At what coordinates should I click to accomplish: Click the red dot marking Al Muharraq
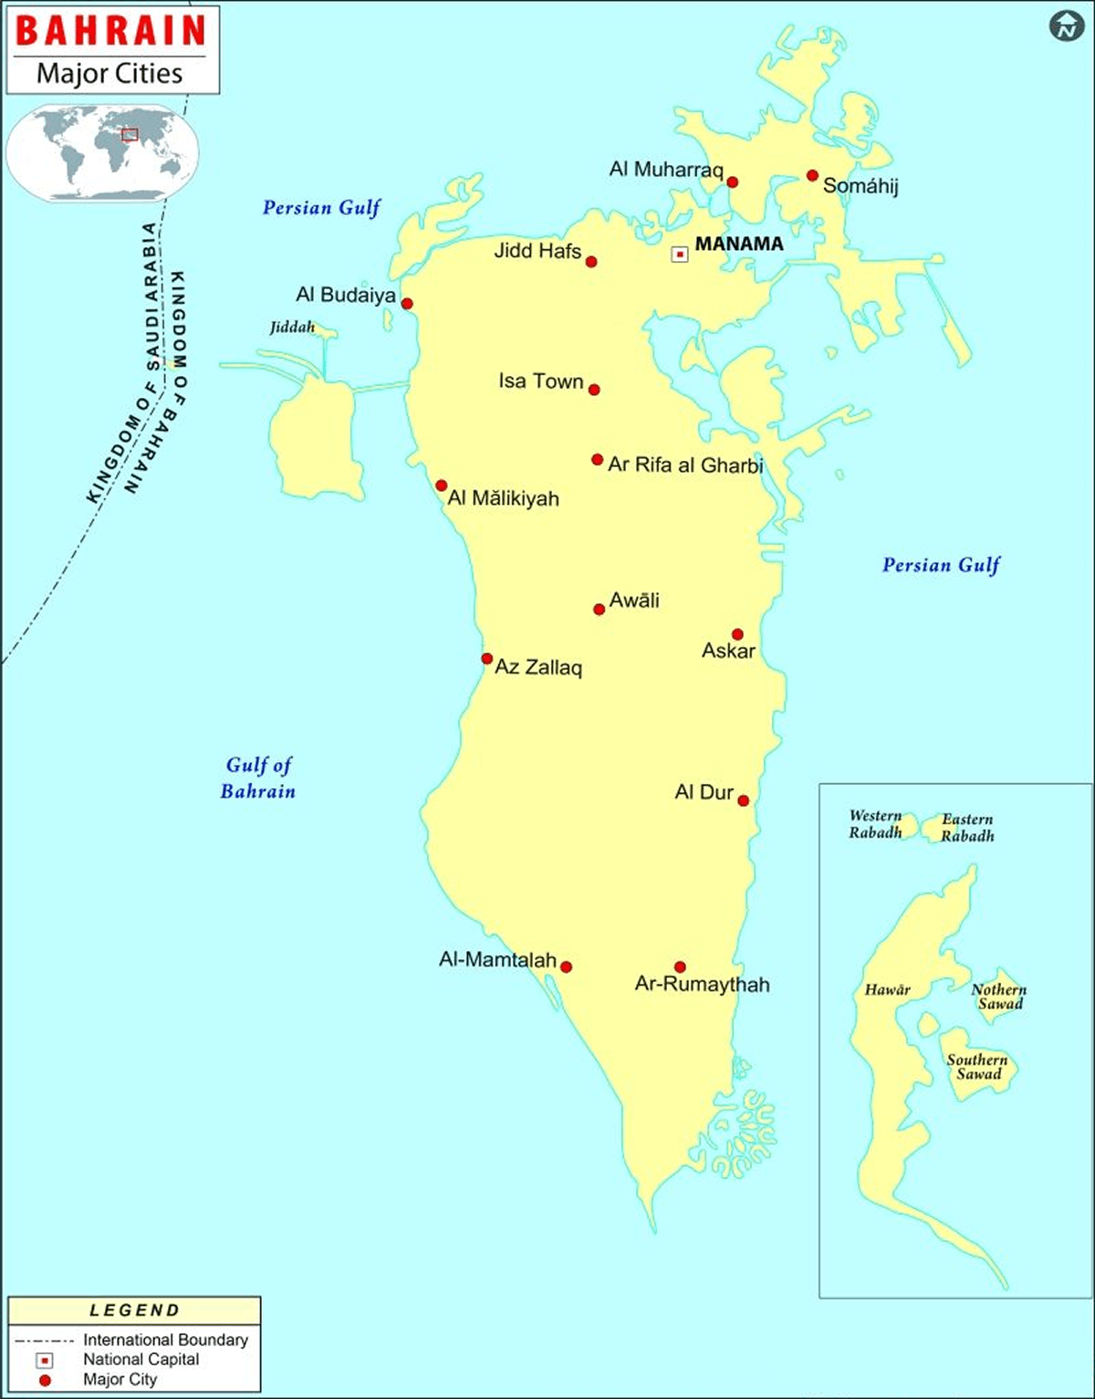732,182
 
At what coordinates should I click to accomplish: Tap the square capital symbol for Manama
680,254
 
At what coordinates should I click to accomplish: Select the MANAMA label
739,244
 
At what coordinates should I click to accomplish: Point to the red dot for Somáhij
812,175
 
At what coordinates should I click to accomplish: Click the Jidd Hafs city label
537,250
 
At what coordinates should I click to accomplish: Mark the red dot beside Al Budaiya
407,304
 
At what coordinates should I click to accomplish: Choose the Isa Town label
540,381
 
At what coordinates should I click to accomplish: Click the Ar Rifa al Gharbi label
685,465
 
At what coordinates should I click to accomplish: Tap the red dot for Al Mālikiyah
441,485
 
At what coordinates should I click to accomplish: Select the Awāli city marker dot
599,609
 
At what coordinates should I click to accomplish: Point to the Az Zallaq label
538,667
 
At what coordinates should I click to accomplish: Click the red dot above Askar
737,634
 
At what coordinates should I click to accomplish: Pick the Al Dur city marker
743,800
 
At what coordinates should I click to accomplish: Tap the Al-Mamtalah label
497,959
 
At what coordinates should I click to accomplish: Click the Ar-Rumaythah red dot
680,966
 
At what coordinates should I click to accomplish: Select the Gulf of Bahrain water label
258,778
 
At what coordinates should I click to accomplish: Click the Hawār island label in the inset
887,989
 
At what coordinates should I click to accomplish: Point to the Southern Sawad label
977,1067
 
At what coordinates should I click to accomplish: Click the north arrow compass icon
1066,26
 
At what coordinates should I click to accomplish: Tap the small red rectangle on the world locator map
130,134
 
